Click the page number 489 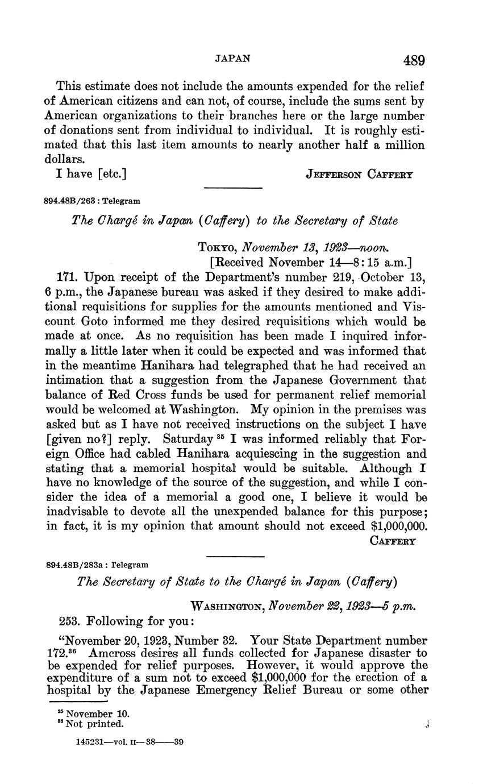(414, 60)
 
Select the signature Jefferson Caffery (359, 175)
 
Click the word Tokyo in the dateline (218, 248)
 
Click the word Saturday (184, 439)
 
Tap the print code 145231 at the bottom (90, 742)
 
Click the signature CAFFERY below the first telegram (393, 541)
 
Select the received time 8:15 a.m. (382, 263)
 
